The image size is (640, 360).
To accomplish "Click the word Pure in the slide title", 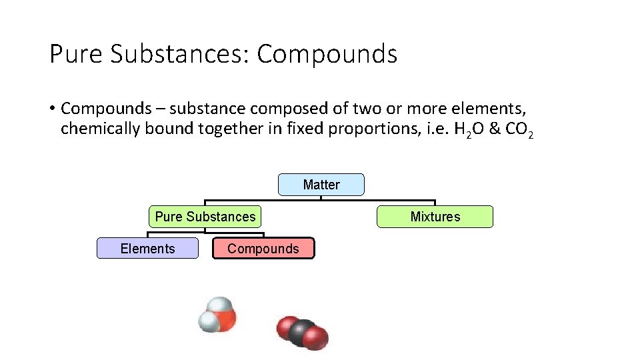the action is coord(76,54).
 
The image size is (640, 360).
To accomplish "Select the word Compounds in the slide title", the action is coord(327,54).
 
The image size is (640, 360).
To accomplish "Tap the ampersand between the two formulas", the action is coord(494,129).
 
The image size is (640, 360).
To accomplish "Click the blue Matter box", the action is coord(321,185).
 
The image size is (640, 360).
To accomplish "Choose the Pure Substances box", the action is coord(205,217).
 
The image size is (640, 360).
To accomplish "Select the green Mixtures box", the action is coord(435,217).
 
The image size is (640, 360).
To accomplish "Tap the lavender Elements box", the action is coord(147,249).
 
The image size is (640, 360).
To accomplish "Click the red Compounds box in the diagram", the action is coord(263,249).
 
